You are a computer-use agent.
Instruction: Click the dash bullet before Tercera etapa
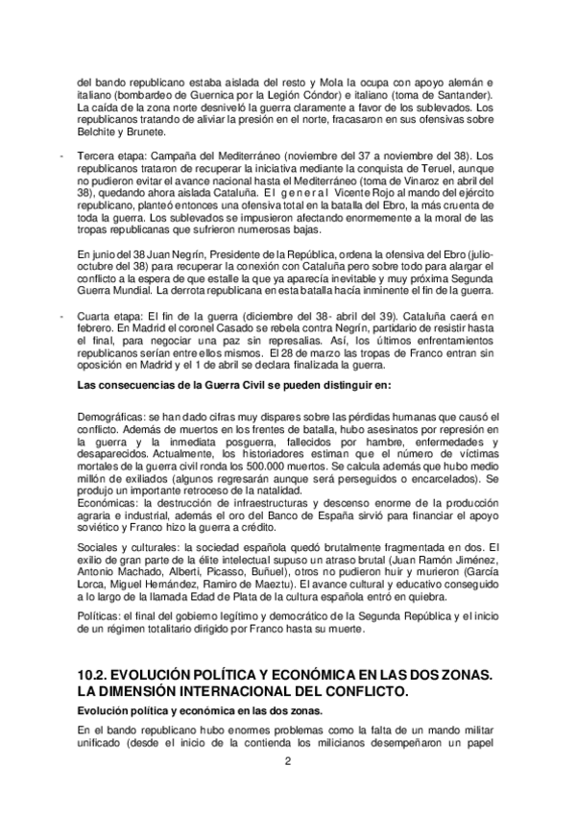61,155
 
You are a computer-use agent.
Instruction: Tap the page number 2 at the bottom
287,762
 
